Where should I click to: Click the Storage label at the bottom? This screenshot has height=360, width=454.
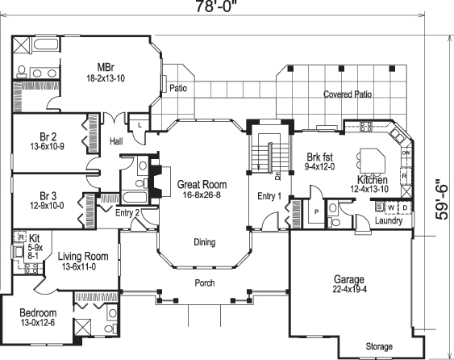coord(378,347)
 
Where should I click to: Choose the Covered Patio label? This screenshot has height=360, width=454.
coord(348,94)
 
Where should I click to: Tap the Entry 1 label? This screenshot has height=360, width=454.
coord(269,196)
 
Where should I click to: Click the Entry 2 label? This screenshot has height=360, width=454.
coord(127,213)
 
